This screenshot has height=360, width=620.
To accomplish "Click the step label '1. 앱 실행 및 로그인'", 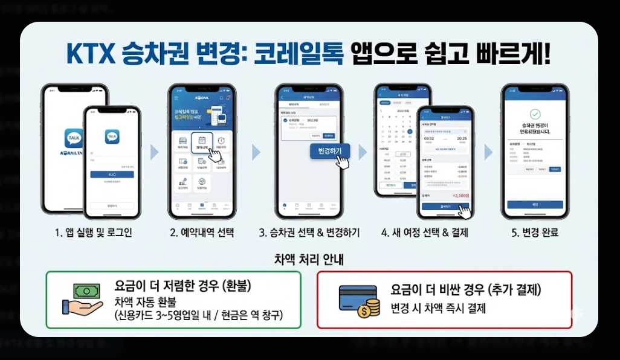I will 93,233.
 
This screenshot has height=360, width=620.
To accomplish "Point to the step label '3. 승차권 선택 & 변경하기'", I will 309,233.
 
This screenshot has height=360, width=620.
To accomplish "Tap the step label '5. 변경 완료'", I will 534,233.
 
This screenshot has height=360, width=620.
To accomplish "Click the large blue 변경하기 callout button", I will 329,151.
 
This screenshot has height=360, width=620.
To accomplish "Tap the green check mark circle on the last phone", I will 534,114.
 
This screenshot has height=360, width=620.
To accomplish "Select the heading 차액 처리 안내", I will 309,261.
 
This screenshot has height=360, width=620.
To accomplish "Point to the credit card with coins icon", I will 360,301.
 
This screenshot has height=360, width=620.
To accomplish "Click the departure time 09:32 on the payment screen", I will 430,139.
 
